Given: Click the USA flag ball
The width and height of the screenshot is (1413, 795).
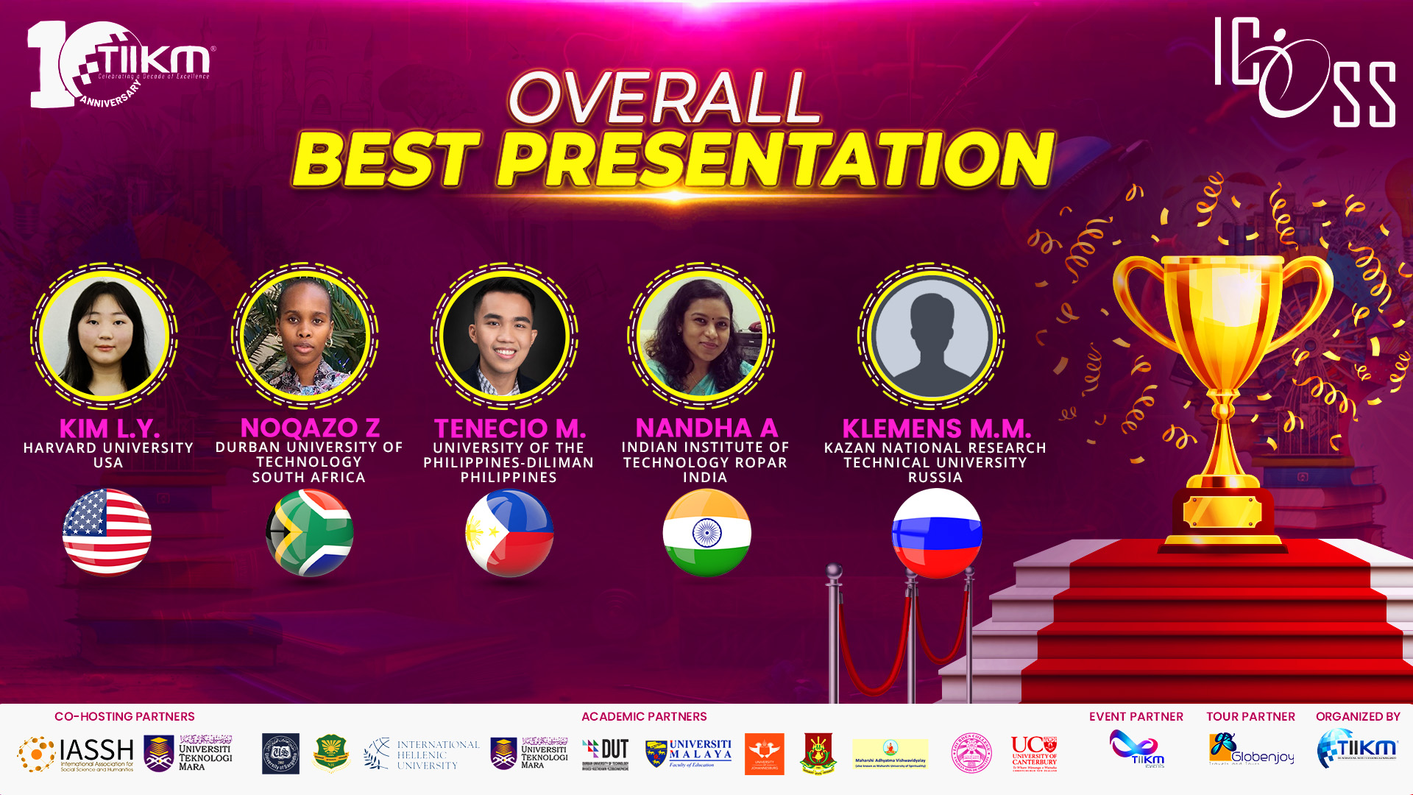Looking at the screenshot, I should click(107, 532).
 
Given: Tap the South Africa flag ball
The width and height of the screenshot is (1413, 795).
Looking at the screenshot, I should click(309, 532).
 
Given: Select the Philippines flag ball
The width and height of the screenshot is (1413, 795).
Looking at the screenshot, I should click(509, 532).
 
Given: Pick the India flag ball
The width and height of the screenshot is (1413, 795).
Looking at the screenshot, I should click(706, 532).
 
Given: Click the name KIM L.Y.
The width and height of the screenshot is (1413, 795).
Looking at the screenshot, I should click(109, 428).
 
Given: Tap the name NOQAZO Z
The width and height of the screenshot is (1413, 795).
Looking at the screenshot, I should click(310, 428).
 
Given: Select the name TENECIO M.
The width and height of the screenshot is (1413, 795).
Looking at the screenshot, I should click(509, 428).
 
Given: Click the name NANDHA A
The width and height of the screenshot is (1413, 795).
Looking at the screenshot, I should click(706, 428).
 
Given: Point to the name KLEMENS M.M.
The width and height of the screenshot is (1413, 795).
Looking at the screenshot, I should click(936, 428).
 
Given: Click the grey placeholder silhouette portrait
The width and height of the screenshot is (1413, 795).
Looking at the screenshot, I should click(932, 336).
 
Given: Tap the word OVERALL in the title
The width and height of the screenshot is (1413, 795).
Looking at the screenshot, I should click(664, 98).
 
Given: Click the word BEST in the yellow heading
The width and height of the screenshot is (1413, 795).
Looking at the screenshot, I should click(386, 160).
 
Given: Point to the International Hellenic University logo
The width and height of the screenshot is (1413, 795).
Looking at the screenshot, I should click(422, 755).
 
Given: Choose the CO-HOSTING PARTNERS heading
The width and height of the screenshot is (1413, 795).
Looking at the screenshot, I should click(124, 716).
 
